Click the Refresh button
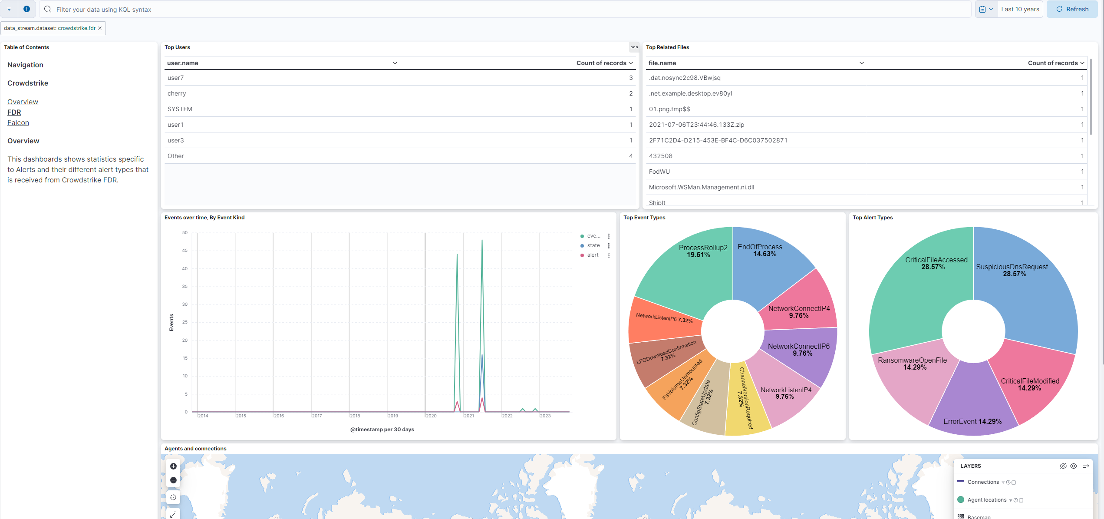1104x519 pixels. pos(1072,9)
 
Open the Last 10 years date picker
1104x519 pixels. pos(1019,9)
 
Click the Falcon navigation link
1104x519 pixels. pos(18,123)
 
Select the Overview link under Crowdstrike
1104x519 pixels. pos(23,102)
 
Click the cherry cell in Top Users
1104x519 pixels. pos(177,93)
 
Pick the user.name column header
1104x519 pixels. pos(183,63)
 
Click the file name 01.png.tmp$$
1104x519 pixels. pos(669,109)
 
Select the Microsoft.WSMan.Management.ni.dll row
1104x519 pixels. pos(701,187)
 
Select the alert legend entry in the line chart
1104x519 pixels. pos(593,255)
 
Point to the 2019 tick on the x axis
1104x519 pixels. pos(392,416)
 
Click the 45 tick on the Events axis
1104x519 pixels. pos(185,251)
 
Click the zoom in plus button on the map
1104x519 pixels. pos(173,466)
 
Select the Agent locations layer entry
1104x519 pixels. pos(986,500)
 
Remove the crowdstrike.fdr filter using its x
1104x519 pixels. pos(100,28)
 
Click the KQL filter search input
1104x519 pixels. pos(504,9)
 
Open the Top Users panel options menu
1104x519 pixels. pos(634,47)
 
